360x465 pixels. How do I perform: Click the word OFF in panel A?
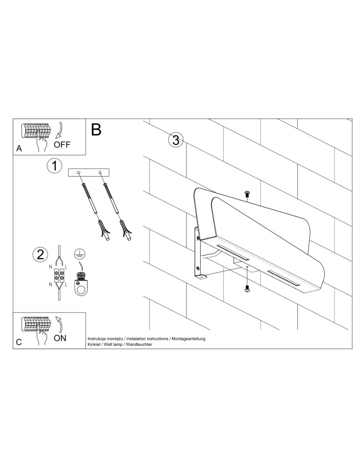pos(62,145)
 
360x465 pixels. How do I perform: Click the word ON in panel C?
pos(60,338)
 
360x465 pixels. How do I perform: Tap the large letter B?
pos(96,130)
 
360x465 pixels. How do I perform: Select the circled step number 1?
pos(54,166)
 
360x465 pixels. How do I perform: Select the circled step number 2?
pos(40,254)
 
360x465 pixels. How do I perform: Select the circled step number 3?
pos(176,140)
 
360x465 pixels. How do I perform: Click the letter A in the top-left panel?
pos(19,148)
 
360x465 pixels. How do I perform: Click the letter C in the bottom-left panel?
pos(19,342)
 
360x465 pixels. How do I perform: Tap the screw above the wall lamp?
pos(247,194)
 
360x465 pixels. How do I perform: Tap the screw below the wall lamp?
pos(247,288)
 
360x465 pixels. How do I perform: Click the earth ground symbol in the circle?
pos(80,253)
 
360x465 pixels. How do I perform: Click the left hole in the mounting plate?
pos(78,173)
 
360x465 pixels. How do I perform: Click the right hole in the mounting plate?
pos(100,172)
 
